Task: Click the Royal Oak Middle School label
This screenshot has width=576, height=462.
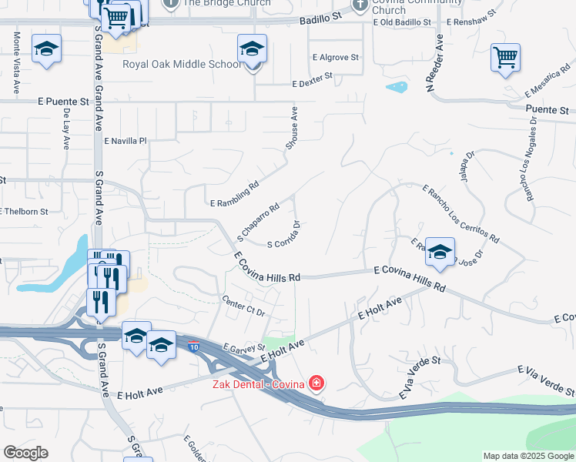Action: tap(182, 64)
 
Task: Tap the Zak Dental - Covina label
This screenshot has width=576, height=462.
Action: tap(259, 383)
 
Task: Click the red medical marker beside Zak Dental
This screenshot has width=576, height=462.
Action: tap(316, 383)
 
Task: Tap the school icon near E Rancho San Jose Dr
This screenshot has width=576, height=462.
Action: tap(440, 252)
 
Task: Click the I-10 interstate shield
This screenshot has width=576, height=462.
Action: tap(193, 346)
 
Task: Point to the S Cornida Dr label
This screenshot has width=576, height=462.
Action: tap(283, 235)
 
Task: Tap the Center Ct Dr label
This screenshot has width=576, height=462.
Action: tap(243, 306)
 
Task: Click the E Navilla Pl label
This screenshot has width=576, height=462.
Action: tap(125, 141)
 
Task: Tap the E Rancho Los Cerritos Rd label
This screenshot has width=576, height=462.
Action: tap(460, 213)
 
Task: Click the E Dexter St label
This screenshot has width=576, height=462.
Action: tap(312, 78)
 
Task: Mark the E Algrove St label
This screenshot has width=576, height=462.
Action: tap(336, 57)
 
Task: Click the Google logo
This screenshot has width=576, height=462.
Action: tap(25, 453)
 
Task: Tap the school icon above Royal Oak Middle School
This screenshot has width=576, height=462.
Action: tap(252, 50)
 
